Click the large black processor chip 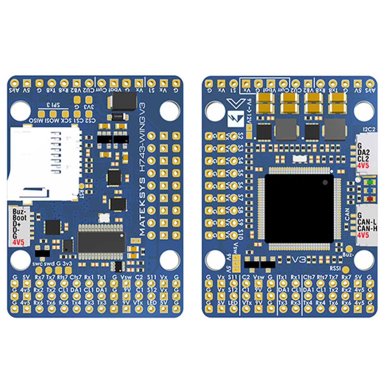pos(299,208)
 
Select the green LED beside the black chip pos(367,182)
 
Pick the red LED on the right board pos(367,199)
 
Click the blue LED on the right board pos(367,191)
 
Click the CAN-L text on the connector pos(367,222)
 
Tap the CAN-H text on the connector pos(367,228)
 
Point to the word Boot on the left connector pos(20,217)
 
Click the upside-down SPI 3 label pos(53,105)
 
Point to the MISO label pos(36,121)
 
